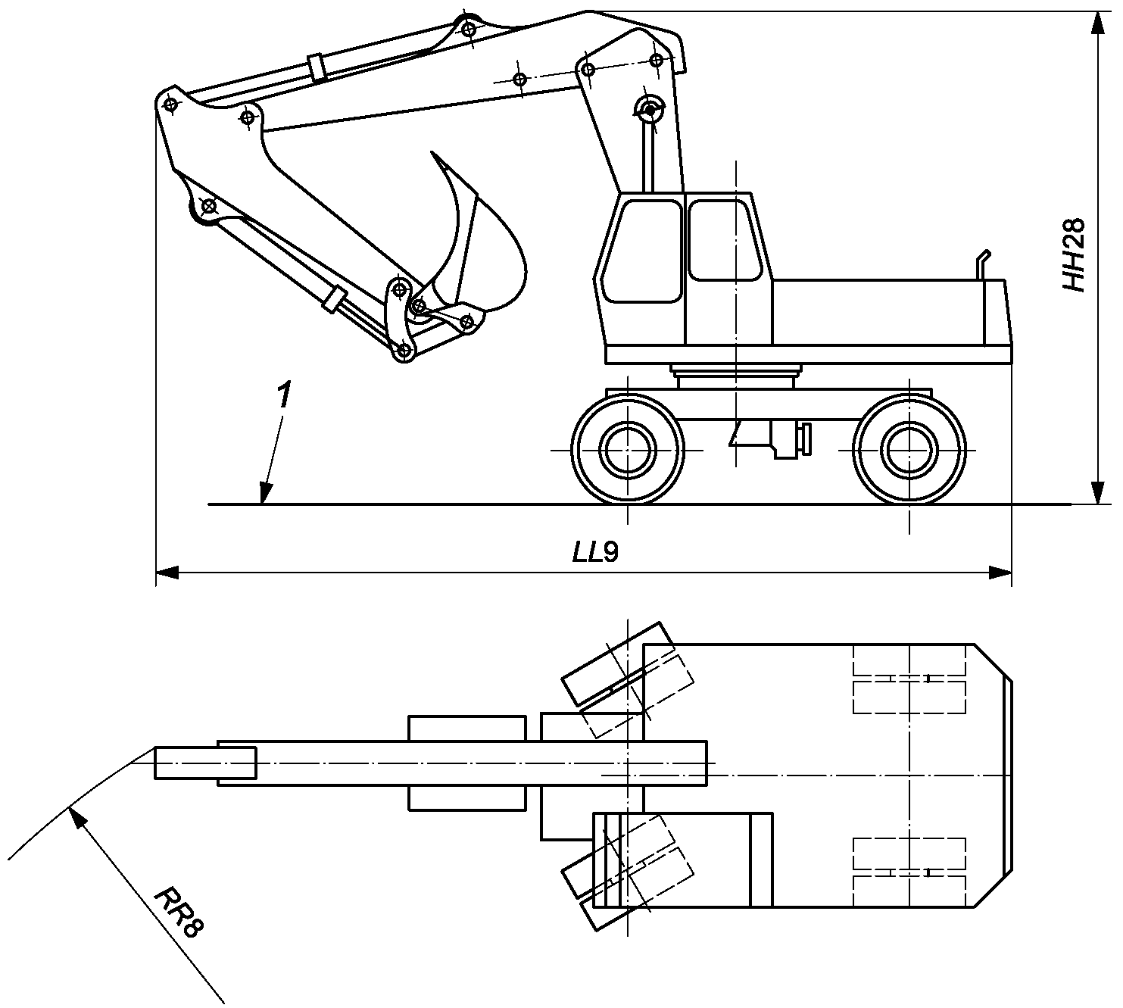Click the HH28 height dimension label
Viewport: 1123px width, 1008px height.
(x=1074, y=255)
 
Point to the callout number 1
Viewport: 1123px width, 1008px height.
(x=285, y=395)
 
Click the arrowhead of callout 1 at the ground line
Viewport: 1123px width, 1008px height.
(x=266, y=494)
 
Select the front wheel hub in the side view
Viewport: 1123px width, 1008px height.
(x=628, y=450)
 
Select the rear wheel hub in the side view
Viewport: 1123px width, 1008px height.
(x=909, y=450)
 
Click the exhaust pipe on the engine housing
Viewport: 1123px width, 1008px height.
(x=981, y=265)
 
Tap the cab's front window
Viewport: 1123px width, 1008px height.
(x=643, y=251)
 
